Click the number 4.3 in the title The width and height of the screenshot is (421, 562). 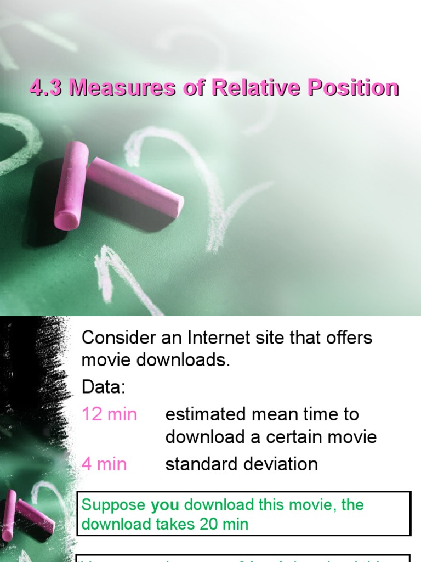pyautogui.click(x=44, y=88)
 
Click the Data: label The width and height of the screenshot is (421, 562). pyautogui.click(x=104, y=387)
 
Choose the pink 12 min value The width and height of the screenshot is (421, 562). pyautogui.click(x=109, y=414)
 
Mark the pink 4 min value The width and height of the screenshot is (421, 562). pyautogui.click(x=104, y=464)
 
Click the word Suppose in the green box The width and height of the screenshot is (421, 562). pyautogui.click(x=113, y=505)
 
